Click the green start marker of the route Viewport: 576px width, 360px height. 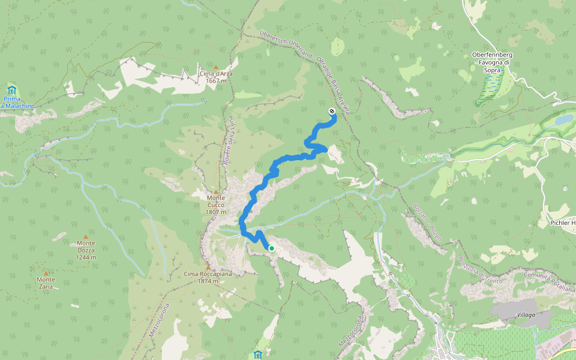coord(271,248)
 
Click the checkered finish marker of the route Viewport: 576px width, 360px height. coord(332,111)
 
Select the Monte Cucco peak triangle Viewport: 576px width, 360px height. coord(216,191)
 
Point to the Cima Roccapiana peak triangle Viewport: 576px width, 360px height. coord(208,267)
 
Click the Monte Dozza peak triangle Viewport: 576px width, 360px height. coord(86,237)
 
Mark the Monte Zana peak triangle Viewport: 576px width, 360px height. coord(46,272)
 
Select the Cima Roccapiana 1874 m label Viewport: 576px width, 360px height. coord(208,277)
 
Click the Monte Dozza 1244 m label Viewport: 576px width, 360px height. coord(86,250)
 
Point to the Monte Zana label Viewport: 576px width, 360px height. coord(46,283)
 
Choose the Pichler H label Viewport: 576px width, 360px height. coord(562,223)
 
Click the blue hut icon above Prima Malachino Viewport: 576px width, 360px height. coord(12,90)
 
